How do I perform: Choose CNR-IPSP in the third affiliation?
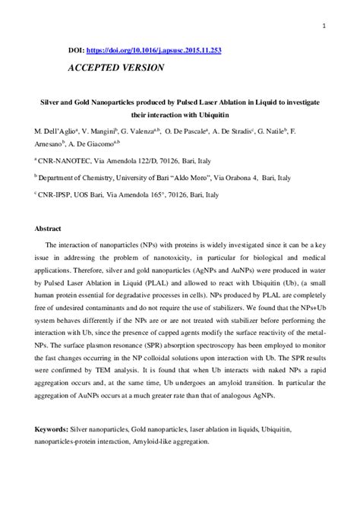tap(57, 194)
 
